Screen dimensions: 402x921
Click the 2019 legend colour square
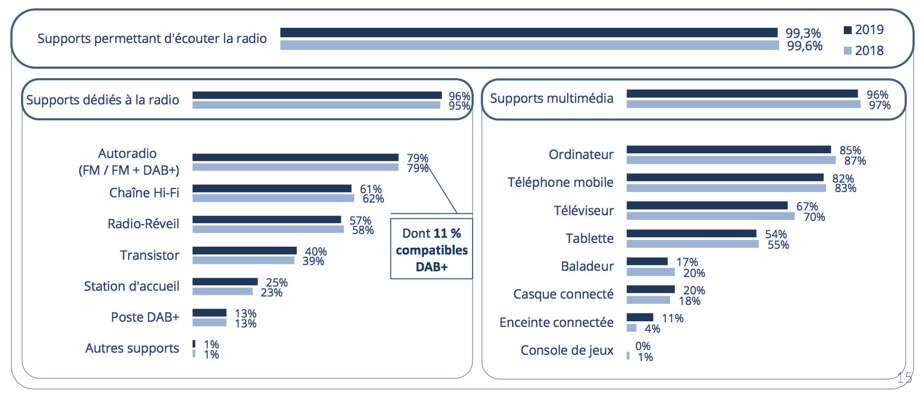[847, 30]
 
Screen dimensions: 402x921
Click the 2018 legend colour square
[847, 51]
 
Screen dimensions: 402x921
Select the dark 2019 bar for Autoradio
[295, 157]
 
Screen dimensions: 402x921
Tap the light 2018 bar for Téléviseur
[710, 216]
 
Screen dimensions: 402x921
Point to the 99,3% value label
[803, 33]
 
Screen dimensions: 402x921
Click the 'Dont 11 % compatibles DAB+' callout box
[431, 249]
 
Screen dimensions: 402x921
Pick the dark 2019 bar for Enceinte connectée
[640, 317]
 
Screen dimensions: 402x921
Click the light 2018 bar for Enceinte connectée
[632, 328]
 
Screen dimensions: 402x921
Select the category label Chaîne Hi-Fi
[144, 193]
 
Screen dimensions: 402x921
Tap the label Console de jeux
[567, 350]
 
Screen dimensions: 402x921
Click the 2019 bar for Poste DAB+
[209, 313]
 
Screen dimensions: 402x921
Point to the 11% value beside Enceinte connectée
[673, 318]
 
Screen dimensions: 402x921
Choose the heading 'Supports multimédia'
[551, 99]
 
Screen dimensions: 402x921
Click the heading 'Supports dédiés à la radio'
[103, 100]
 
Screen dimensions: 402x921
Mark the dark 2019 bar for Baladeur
[647, 261]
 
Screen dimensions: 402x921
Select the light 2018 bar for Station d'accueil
[222, 291]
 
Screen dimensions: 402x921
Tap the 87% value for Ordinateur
[855, 161]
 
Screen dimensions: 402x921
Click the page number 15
[904, 377]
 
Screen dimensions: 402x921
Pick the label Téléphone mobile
[560, 182]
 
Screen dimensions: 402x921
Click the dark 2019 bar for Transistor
[244, 251]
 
